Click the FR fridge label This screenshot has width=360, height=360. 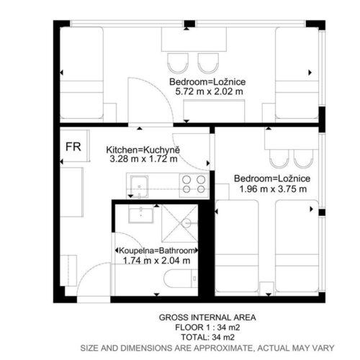(73, 147)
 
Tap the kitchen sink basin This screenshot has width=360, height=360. (139, 186)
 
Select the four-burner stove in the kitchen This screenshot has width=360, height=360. (194, 185)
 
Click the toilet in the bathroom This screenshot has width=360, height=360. (181, 279)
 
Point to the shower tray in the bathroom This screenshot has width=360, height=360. (179, 223)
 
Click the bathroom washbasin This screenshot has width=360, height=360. (141, 215)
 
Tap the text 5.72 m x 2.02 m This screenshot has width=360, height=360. (209, 91)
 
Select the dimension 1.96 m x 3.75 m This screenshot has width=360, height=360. (273, 189)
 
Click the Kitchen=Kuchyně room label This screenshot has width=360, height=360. (143, 150)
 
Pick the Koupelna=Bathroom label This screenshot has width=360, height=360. (156, 251)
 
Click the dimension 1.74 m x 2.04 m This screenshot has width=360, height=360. (156, 261)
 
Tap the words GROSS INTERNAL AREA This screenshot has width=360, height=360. (207, 318)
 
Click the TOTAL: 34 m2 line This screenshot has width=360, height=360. (207, 337)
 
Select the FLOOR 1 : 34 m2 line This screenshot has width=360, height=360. (207, 328)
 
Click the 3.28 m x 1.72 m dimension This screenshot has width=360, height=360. (143, 158)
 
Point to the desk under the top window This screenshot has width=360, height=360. (194, 39)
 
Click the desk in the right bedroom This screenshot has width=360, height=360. (292, 138)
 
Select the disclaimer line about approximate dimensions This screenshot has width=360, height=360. (207, 348)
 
